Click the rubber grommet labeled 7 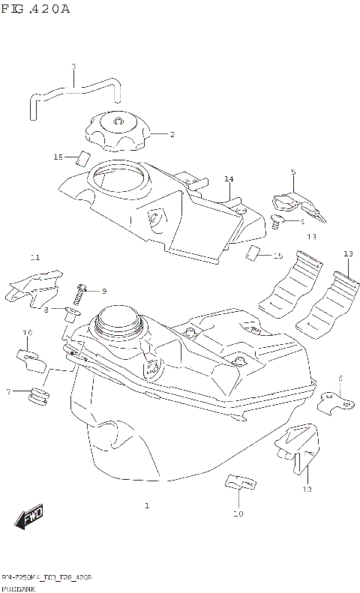[x=37, y=397]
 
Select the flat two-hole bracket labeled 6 [x=336, y=404]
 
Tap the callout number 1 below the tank [x=147, y=506]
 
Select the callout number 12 [x=307, y=490]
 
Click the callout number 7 [x=9, y=391]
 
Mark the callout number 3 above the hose [x=73, y=67]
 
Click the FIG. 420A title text [x=35, y=9]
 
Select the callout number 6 [x=340, y=378]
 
